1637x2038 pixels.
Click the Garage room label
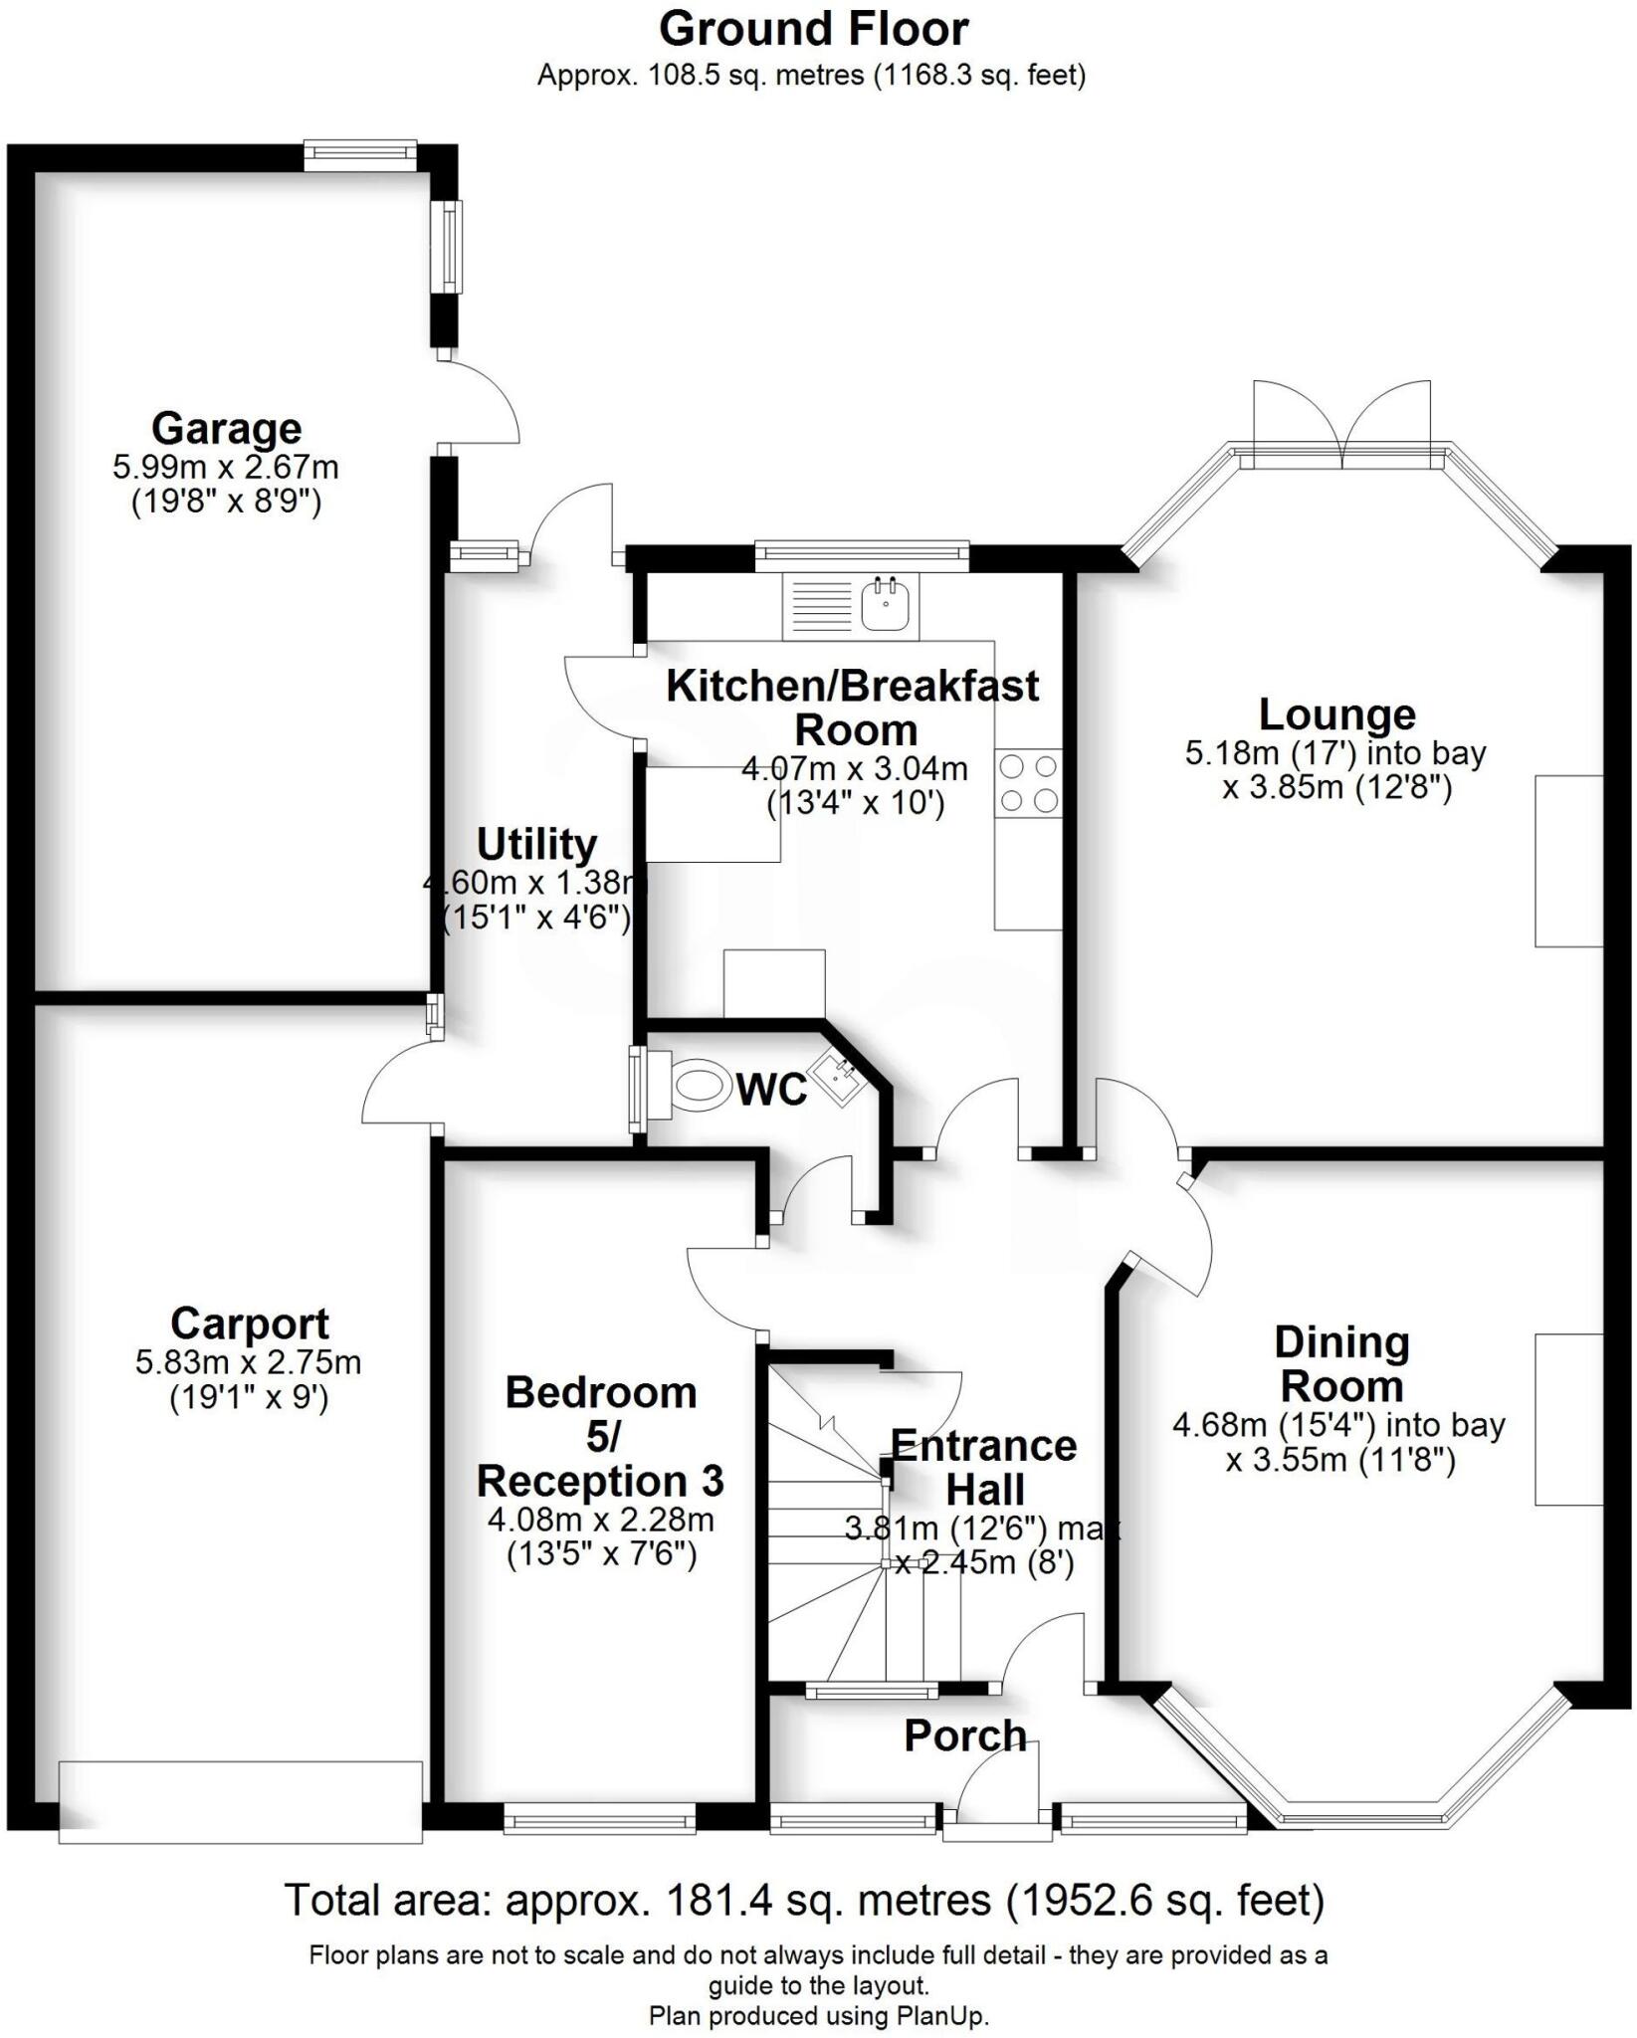point(226,429)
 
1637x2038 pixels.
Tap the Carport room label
point(249,1324)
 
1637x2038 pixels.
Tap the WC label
point(771,1091)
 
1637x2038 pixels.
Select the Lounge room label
point(1336,714)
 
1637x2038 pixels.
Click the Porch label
point(964,1736)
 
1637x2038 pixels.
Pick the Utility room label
point(536,844)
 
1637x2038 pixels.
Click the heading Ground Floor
point(813,30)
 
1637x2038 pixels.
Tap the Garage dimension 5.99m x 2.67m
point(226,467)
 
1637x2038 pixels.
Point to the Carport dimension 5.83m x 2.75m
point(249,1361)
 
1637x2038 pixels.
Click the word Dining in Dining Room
point(1341,1342)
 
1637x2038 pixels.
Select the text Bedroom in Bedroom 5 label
point(601,1392)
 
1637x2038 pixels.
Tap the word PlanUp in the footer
point(945,2016)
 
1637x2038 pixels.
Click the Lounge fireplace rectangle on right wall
point(1569,861)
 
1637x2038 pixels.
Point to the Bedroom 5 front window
point(599,1822)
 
